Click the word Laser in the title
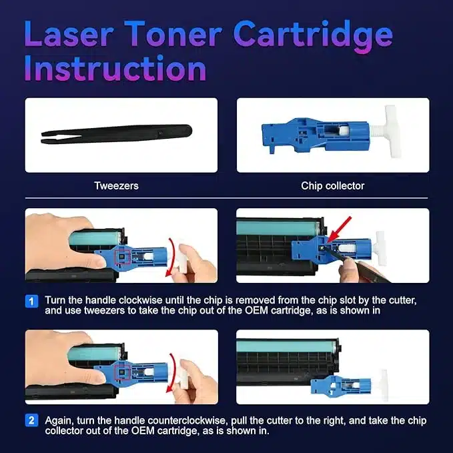point(68,33)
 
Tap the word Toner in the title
point(173,33)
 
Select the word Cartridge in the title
point(313,37)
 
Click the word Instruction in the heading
point(115,68)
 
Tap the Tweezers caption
point(117,185)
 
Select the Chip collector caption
point(332,185)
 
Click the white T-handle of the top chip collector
point(390,131)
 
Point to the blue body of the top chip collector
point(315,134)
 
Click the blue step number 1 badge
point(31,302)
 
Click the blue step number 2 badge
point(31,420)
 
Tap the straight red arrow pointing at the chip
point(340,230)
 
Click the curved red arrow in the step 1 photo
point(173,257)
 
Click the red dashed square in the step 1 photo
point(123,257)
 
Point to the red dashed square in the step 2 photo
point(122,372)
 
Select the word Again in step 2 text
point(59,421)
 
